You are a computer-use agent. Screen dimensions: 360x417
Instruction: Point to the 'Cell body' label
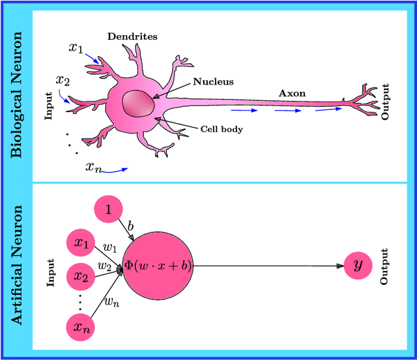click(x=222, y=129)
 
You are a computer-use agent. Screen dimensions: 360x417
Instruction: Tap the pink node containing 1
click(x=109, y=210)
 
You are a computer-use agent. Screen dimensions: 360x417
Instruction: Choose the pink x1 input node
click(x=81, y=243)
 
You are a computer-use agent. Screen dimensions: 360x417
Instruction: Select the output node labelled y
click(x=358, y=266)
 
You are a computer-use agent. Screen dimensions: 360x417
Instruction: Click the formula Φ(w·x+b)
click(x=158, y=266)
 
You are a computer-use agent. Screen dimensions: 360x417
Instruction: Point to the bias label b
click(x=130, y=225)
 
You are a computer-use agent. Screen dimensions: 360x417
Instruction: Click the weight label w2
click(x=104, y=265)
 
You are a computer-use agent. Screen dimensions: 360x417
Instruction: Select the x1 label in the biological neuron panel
click(x=76, y=48)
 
